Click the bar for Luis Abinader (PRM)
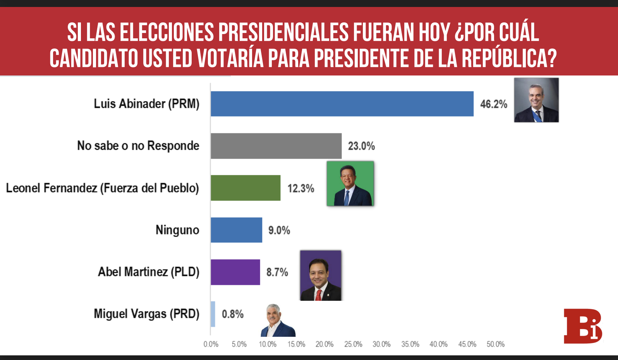pyautogui.click(x=342, y=104)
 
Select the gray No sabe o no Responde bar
pyautogui.click(x=276, y=146)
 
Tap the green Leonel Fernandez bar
pyautogui.click(x=245, y=188)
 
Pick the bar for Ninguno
pyautogui.click(x=236, y=230)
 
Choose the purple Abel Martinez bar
pyautogui.click(x=235, y=272)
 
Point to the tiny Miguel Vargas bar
pyautogui.click(x=213, y=314)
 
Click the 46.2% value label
pyautogui.click(x=494, y=104)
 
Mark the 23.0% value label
pyautogui.click(x=361, y=146)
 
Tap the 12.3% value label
pyautogui.click(x=300, y=189)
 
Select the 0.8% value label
pyautogui.click(x=232, y=314)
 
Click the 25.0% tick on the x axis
pyautogui.click(x=353, y=344)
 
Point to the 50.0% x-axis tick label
pyautogui.click(x=496, y=344)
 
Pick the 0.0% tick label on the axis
pyautogui.click(x=211, y=344)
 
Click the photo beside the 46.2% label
pyautogui.click(x=536, y=100)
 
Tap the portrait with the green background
pyautogui.click(x=350, y=183)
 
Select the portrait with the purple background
pyautogui.click(x=321, y=275)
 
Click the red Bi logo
pyautogui.click(x=583, y=326)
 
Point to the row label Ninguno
pyautogui.click(x=177, y=230)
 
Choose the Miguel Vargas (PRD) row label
pyautogui.click(x=146, y=314)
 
